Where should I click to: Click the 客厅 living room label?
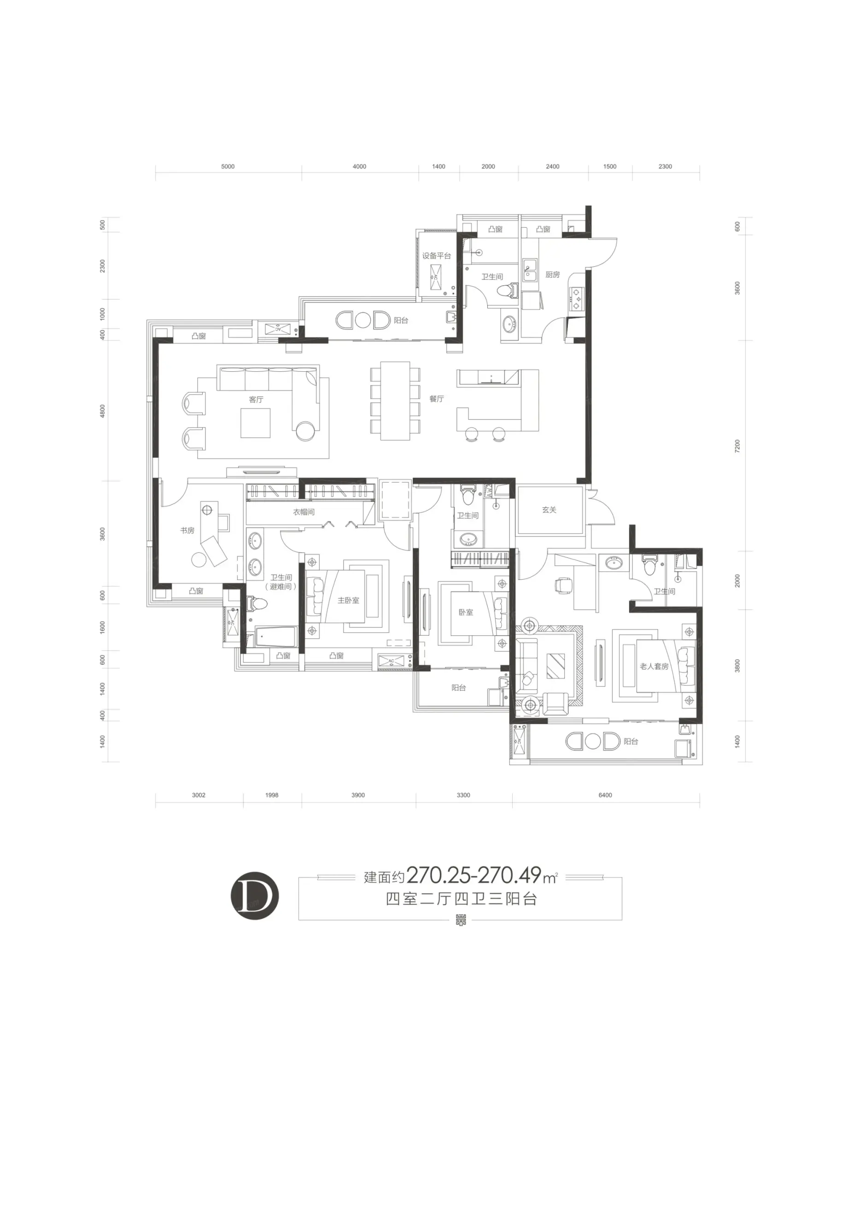click(256, 399)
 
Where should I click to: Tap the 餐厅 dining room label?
click(436, 399)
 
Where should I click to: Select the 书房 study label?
click(187, 530)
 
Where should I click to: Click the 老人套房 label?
click(654, 666)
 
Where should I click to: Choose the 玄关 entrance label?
click(549, 510)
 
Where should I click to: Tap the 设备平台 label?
click(436, 256)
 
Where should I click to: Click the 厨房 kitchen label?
click(552, 275)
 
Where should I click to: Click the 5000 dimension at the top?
click(228, 167)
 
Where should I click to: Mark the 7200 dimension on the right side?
click(737, 446)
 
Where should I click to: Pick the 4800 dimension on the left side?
click(103, 411)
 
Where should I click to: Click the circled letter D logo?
click(254, 895)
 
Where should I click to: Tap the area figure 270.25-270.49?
click(473, 875)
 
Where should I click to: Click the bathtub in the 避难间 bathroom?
click(275, 637)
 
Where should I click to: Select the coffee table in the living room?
click(256, 423)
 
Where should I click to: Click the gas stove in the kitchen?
click(577, 299)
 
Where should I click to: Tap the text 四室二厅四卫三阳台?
click(461, 899)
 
